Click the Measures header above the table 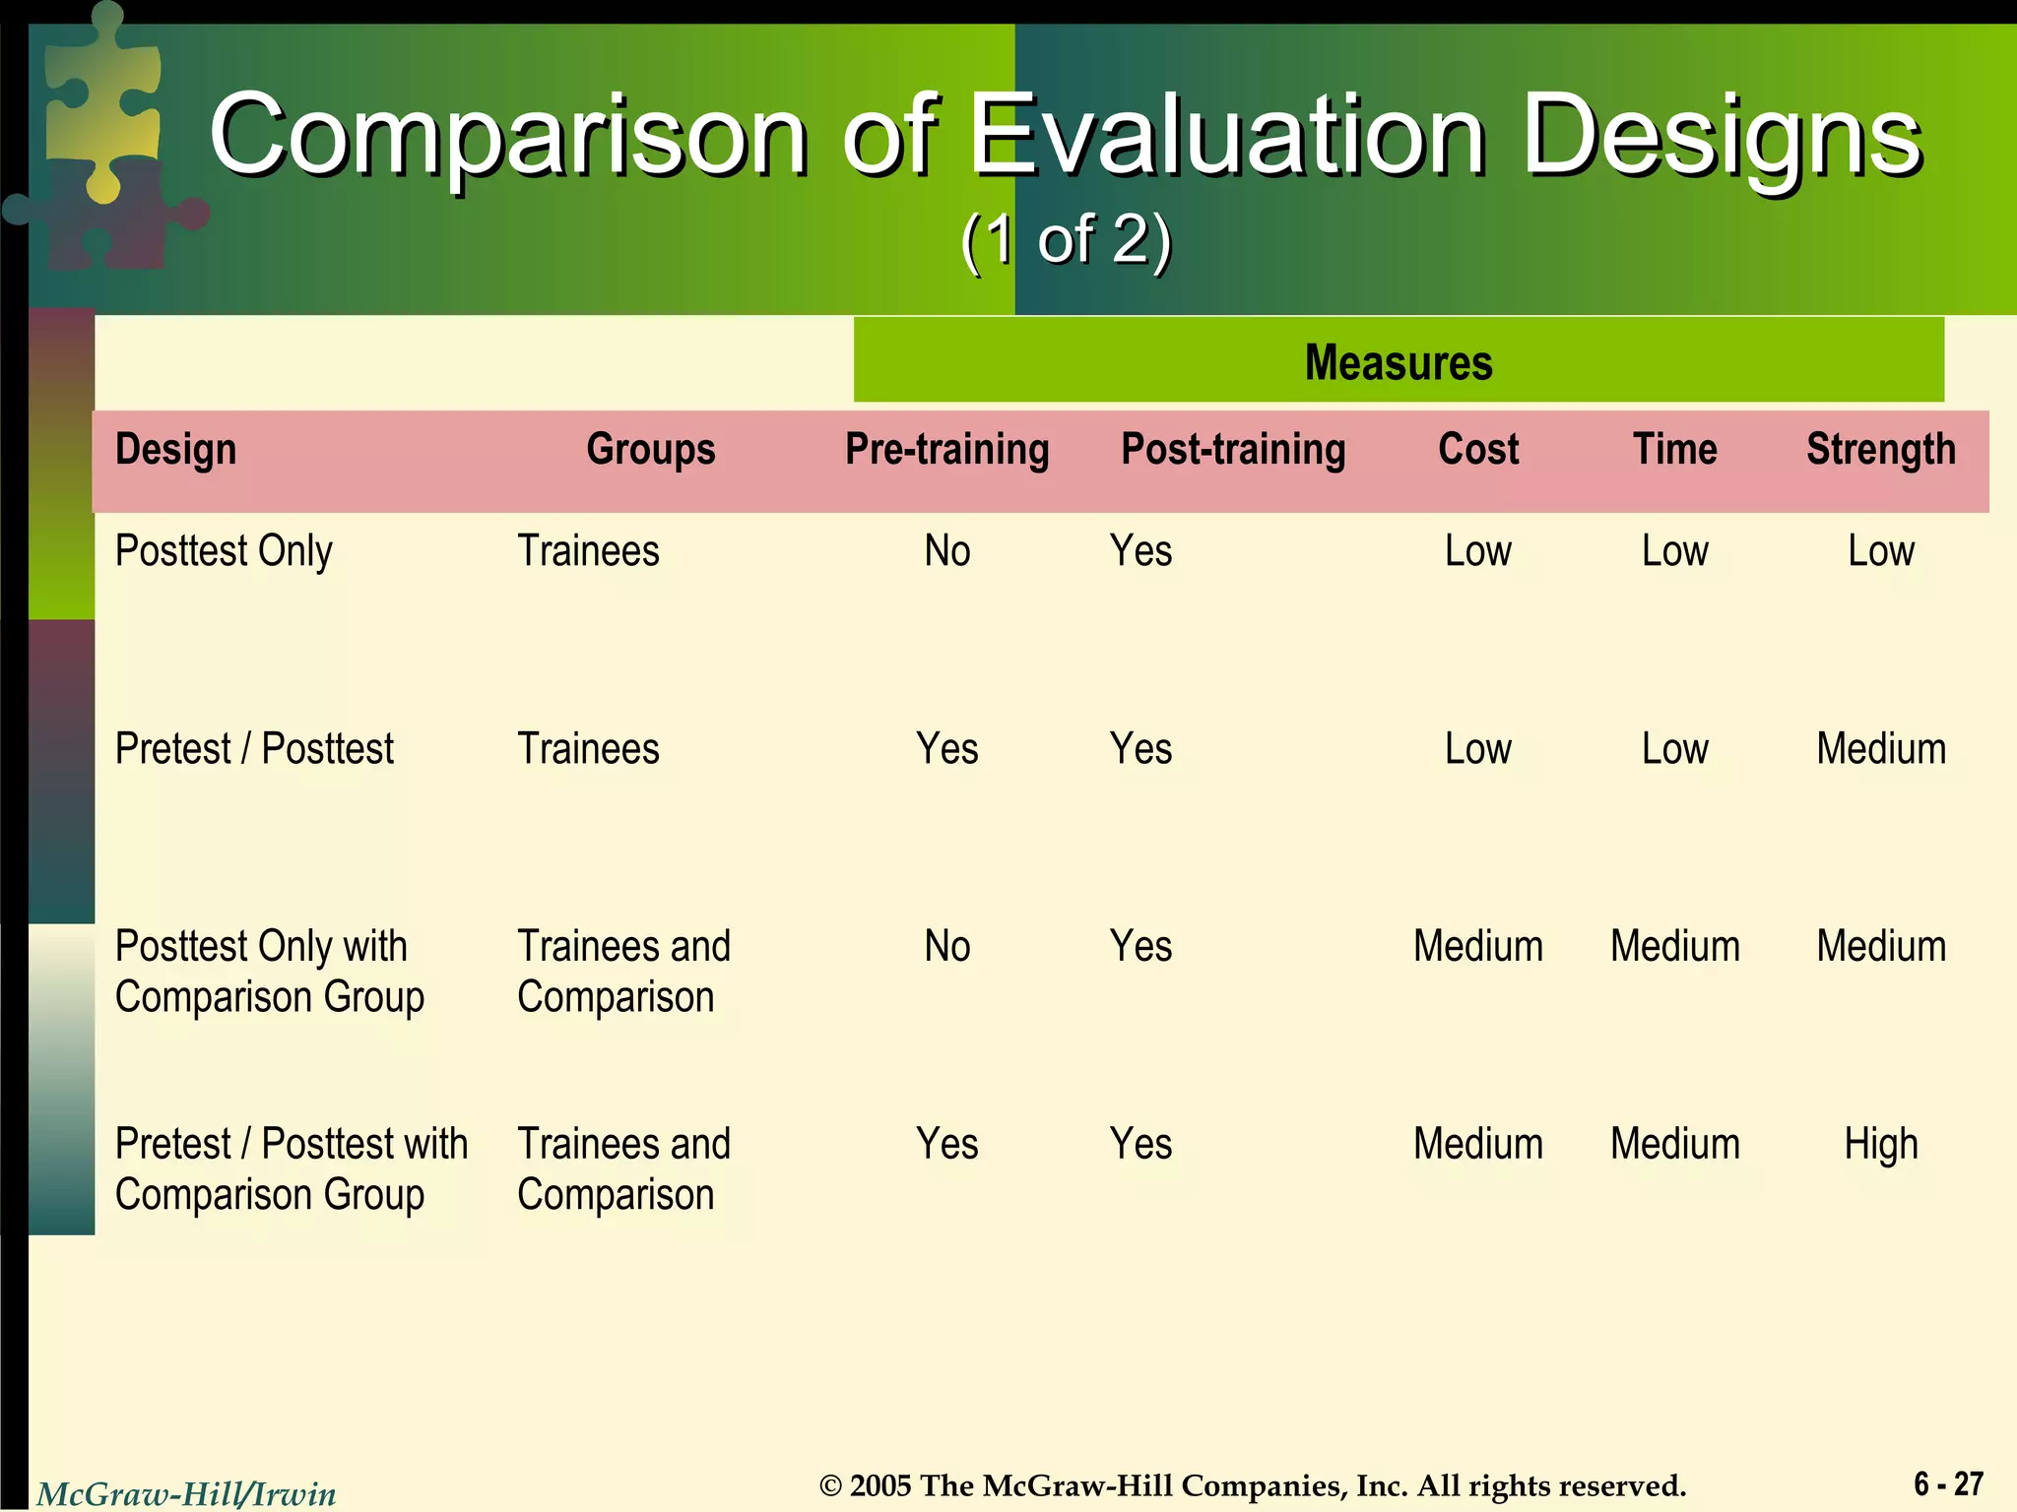(x=1398, y=361)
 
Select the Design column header (x=176, y=450)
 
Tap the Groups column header (x=650, y=450)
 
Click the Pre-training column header (x=946, y=450)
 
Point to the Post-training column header (x=1233, y=450)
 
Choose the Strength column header (x=1880, y=450)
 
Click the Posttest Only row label (x=224, y=551)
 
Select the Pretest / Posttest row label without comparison (x=254, y=749)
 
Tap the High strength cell (x=1880, y=1145)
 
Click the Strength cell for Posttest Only (x=1880, y=551)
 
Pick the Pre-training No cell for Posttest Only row (x=946, y=551)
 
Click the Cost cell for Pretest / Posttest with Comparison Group (x=1477, y=1145)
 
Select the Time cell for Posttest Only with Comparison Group (x=1674, y=947)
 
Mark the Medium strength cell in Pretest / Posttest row (x=1880, y=749)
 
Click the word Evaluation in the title (x=1226, y=135)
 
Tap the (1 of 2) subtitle (x=1066, y=239)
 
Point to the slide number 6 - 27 (x=1948, y=1483)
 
